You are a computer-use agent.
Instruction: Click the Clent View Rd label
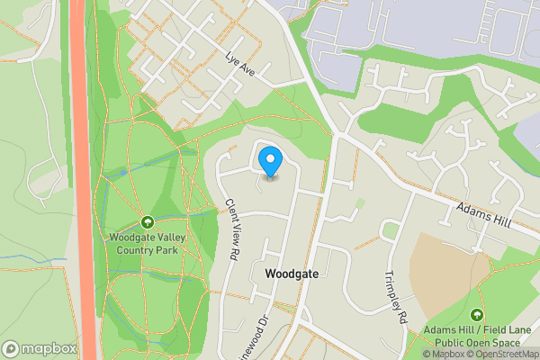tap(231, 229)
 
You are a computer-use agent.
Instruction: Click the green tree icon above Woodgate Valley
tap(147, 222)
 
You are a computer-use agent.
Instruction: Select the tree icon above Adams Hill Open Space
tap(476, 315)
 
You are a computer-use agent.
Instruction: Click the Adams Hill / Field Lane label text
tap(477, 331)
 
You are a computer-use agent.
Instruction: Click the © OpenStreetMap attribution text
tap(499, 354)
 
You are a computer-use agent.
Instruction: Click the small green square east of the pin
tap(361, 204)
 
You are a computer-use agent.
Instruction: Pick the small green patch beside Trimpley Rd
tap(391, 231)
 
